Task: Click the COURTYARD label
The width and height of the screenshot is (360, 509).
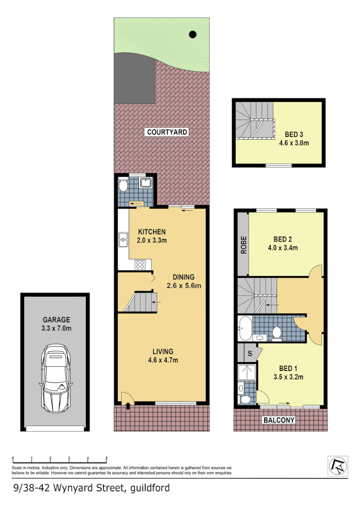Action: [167, 132]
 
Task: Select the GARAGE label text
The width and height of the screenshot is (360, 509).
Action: [57, 320]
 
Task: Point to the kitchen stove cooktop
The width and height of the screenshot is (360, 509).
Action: [141, 263]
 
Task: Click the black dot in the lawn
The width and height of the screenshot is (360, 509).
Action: [192, 34]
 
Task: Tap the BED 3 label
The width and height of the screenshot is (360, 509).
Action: [293, 135]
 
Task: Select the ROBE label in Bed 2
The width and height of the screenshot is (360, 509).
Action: [243, 245]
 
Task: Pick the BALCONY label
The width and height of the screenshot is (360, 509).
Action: [279, 420]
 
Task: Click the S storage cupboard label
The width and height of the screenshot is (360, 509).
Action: [250, 354]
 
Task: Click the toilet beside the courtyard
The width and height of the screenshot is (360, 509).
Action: [123, 186]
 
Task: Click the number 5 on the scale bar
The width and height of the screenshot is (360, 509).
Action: [106, 457]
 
